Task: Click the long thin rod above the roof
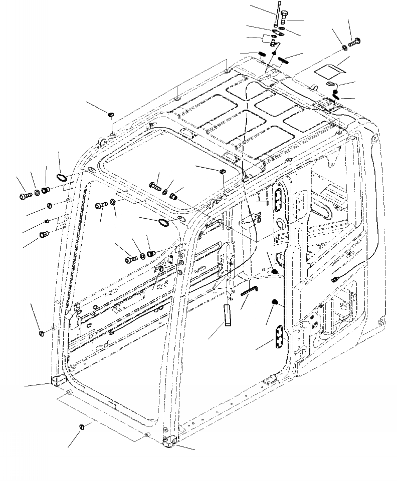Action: (x=276, y=16)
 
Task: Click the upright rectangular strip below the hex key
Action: (x=227, y=314)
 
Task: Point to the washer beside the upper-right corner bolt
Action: (x=346, y=47)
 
